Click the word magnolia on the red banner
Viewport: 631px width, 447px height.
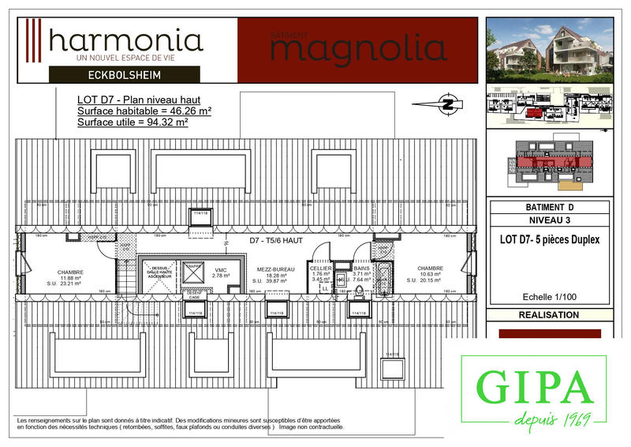click(x=359, y=48)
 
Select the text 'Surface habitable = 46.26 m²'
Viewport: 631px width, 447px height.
click(x=144, y=111)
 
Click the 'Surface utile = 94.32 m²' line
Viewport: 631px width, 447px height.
click(x=133, y=122)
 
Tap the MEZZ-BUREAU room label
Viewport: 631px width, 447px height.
click(x=269, y=269)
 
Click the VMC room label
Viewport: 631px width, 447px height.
click(x=220, y=271)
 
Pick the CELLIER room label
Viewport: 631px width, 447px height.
click(x=319, y=269)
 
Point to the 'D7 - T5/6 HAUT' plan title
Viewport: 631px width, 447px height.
click(x=276, y=239)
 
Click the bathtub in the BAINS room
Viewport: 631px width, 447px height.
click(x=386, y=277)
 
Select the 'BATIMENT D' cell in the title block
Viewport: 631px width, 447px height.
click(x=549, y=207)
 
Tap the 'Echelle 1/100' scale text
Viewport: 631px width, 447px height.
click(x=549, y=298)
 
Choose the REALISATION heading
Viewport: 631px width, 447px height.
click(x=549, y=315)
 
